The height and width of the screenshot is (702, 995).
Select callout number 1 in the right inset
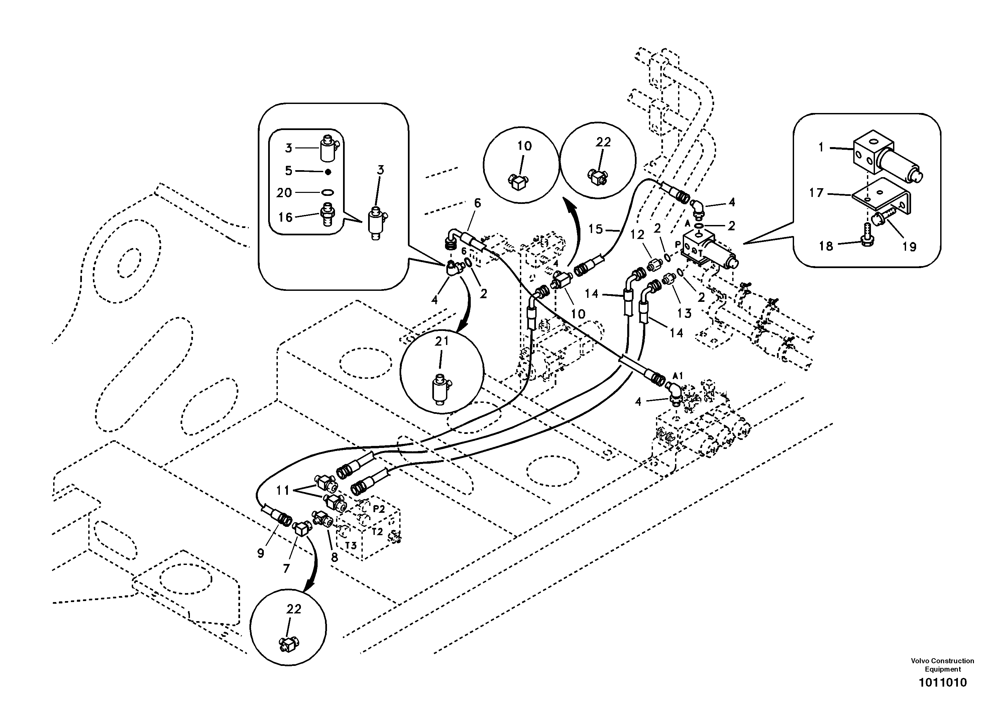pyautogui.click(x=820, y=147)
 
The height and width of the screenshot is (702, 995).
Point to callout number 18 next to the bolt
pyautogui.click(x=826, y=246)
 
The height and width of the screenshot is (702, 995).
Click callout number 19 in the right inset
pyautogui.click(x=909, y=247)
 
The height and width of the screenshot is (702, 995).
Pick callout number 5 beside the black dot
pyautogui.click(x=289, y=171)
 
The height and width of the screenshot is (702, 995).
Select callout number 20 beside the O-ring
pyautogui.click(x=284, y=193)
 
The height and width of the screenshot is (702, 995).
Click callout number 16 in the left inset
pyautogui.click(x=285, y=217)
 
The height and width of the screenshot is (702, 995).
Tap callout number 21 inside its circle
pyautogui.click(x=442, y=341)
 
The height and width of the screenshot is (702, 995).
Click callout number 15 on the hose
pyautogui.click(x=595, y=228)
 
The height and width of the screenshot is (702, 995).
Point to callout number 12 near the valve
pyautogui.click(x=638, y=234)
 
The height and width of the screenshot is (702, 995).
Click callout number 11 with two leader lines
pyautogui.click(x=283, y=490)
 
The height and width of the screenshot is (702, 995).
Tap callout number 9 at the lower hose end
pyautogui.click(x=260, y=553)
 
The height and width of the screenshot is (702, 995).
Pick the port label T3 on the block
pyautogui.click(x=351, y=545)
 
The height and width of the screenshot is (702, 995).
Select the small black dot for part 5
pyautogui.click(x=328, y=171)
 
